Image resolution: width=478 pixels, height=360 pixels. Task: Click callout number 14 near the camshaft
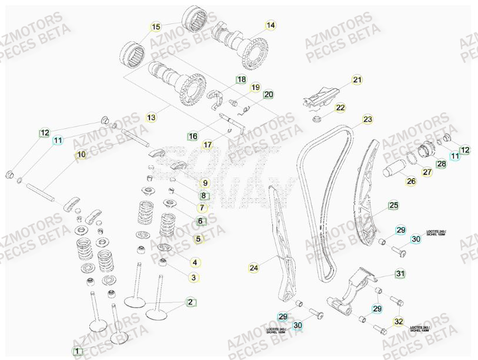point(270,25)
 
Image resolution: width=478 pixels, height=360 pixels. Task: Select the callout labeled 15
point(156,27)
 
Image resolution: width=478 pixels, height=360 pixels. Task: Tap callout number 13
point(152,118)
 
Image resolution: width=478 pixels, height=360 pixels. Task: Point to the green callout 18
point(242,79)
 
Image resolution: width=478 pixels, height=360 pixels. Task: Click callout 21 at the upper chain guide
point(357,80)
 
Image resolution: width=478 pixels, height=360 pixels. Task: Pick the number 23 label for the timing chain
point(367,119)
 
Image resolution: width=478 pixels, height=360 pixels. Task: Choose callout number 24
point(253,268)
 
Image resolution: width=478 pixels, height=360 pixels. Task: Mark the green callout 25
point(393,205)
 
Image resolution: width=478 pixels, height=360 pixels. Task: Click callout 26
point(411,181)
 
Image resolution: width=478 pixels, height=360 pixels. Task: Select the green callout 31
point(400,274)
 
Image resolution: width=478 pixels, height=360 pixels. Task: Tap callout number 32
point(399,321)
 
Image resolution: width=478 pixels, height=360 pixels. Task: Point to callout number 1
point(77,352)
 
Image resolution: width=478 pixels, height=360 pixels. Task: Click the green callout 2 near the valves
point(190,302)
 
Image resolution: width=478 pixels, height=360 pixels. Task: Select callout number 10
point(81,155)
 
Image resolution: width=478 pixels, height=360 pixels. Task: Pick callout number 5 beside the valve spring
point(198,239)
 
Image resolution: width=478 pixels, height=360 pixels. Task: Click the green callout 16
point(192,136)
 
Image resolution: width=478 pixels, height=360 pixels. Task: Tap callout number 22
point(340,108)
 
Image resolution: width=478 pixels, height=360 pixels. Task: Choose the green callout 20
point(268,95)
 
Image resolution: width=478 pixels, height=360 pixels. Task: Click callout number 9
point(205,184)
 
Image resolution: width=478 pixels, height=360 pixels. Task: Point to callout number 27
point(427,172)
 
